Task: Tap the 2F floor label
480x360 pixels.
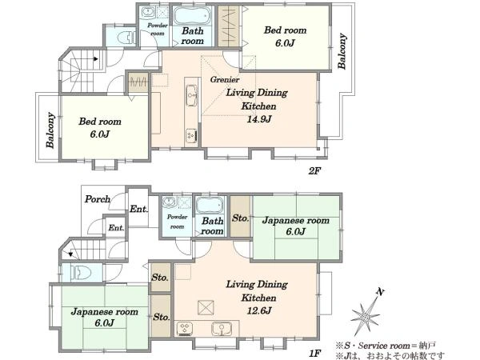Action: tap(314, 171)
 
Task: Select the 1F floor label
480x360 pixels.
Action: tap(314, 354)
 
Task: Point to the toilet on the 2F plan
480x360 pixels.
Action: tap(126, 38)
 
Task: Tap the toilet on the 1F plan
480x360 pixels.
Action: tap(81, 273)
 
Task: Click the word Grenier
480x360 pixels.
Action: tap(225, 79)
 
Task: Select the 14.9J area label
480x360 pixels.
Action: tap(259, 118)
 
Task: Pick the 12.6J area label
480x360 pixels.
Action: tap(259, 310)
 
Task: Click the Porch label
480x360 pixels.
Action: tap(98, 199)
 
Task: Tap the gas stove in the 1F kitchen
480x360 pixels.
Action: tap(186, 329)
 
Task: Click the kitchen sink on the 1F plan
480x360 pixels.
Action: tap(221, 329)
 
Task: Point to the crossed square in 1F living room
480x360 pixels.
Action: tap(206, 308)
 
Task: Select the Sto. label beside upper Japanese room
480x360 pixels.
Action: tap(240, 218)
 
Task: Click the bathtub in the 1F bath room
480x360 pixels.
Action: tap(209, 206)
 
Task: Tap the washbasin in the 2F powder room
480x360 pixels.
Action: tap(147, 13)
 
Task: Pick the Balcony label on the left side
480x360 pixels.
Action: tap(50, 130)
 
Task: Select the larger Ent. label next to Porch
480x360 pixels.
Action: tap(138, 210)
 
